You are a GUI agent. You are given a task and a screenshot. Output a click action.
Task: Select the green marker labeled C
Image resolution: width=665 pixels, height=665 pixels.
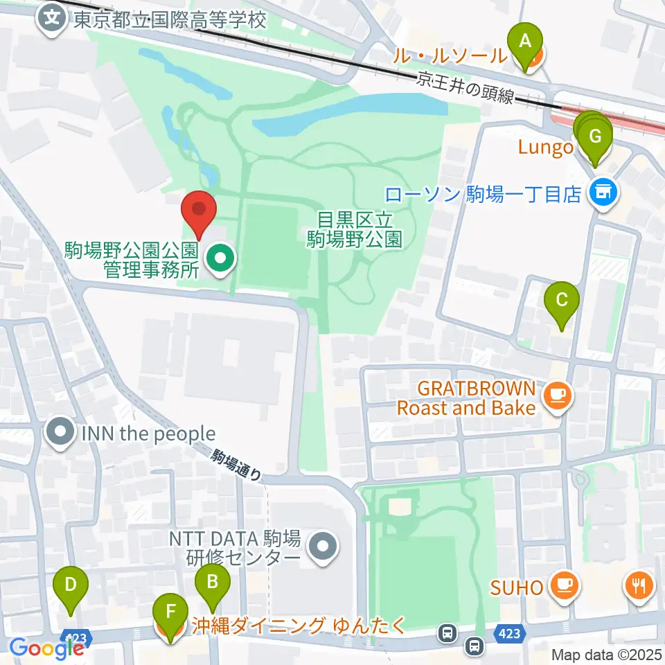pyautogui.click(x=562, y=301)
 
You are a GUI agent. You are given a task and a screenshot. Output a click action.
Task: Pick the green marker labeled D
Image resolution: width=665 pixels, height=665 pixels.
pyautogui.click(x=71, y=585)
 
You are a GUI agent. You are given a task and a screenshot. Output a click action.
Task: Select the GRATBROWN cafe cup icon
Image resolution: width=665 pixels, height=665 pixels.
pyautogui.click(x=558, y=396)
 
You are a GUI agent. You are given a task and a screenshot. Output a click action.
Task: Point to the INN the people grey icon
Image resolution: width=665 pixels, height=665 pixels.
pyautogui.click(x=60, y=434)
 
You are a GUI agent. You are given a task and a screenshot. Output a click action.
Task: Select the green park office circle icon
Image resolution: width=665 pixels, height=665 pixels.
pyautogui.click(x=221, y=259)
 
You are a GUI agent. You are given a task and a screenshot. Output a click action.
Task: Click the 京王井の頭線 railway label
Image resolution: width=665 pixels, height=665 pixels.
pyautogui.click(x=465, y=88)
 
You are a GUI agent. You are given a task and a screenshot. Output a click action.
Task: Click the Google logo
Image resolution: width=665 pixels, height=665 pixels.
pyautogui.click(x=46, y=648)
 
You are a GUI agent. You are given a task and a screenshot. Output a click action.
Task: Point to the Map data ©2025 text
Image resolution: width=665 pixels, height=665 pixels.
pyautogui.click(x=607, y=654)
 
